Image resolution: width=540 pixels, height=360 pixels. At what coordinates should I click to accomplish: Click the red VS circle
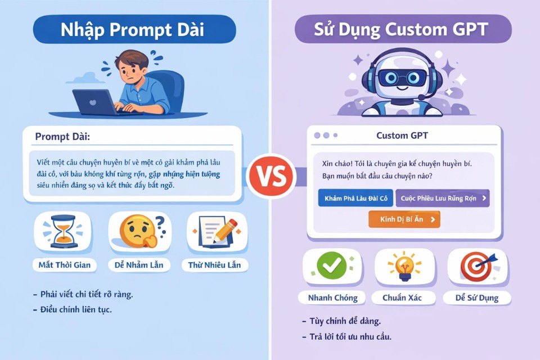pos(271,175)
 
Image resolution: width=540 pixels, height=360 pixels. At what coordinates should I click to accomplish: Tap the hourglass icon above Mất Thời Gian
pos(61,230)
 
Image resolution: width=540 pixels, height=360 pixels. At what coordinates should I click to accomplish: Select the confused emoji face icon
pos(137,231)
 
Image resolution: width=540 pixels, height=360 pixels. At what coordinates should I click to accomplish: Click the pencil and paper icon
pos(216,231)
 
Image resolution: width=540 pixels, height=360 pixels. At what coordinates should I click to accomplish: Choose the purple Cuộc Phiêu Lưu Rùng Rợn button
pos(442,198)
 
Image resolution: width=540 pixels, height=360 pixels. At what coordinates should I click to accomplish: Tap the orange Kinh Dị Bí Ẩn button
pos(404,219)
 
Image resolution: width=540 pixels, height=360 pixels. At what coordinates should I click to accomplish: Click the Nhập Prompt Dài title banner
pos(134,29)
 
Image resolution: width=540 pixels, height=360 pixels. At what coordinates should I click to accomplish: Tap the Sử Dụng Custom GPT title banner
pos(403,29)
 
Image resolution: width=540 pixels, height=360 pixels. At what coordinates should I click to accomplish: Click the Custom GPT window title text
pos(402,136)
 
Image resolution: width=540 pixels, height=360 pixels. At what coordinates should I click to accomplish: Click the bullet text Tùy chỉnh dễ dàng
pos(345,321)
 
